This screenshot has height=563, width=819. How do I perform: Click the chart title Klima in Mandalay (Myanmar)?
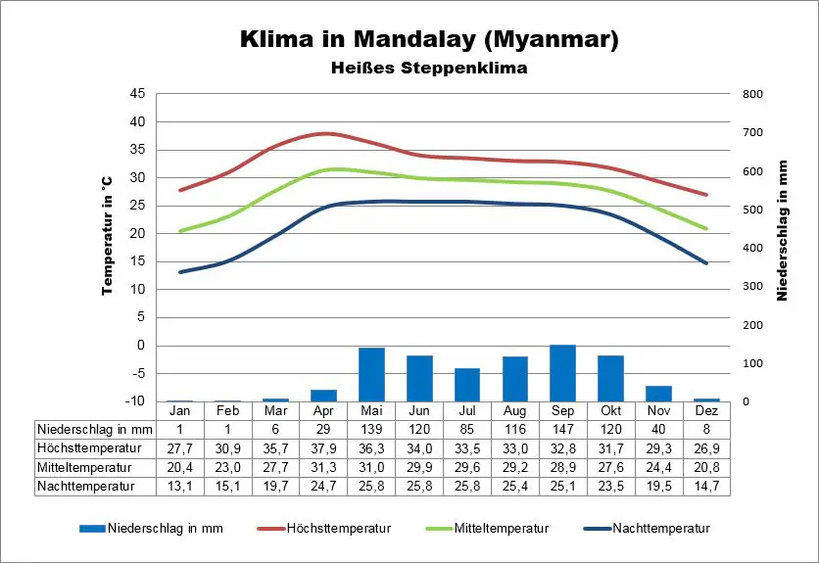pos(429,40)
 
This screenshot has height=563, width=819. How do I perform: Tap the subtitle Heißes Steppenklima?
pos(429,69)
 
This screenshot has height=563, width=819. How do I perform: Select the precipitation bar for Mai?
pos(371,374)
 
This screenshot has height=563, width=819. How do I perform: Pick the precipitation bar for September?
pos(562,373)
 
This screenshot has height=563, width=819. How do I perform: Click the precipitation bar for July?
pos(467,385)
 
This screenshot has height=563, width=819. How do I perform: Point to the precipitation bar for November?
pos(658,394)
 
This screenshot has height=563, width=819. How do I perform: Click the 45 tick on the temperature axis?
pos(137,94)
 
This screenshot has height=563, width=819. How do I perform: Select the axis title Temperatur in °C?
pos(108,235)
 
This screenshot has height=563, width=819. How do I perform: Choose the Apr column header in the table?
pos(323,411)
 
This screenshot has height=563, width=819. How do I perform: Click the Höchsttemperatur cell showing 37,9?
pos(323,448)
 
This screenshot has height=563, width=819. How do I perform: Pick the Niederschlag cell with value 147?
pos(562,430)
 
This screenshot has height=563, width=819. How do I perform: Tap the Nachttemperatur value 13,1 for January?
pos(179,486)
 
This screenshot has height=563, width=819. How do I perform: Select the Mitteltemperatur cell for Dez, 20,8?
pos(706,467)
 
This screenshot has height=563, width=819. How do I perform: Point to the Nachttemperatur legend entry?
pos(661,529)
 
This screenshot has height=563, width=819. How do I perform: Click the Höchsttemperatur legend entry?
pos(338,529)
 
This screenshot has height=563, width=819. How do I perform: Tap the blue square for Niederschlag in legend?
pos(92,529)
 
